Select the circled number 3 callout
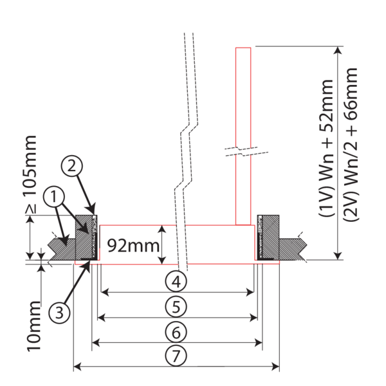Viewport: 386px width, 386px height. coord(60,313)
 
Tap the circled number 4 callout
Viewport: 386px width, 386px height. coord(175,280)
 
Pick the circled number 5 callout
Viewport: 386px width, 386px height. coord(175,306)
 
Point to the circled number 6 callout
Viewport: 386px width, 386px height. coord(175,332)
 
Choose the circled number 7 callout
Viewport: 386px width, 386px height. coord(175,354)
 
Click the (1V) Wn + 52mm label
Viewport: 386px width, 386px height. coord(327,149)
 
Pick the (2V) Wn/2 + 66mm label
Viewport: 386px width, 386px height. coord(351,149)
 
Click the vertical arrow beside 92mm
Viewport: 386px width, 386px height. coord(163,244)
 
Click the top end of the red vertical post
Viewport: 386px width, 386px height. coord(243,48)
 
